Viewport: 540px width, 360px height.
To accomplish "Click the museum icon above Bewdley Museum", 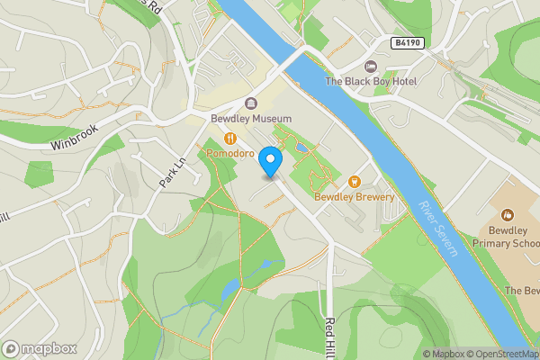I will click(250, 103).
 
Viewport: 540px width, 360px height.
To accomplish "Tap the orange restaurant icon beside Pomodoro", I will click(231, 139).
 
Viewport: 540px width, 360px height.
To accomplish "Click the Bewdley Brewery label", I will click(354, 197).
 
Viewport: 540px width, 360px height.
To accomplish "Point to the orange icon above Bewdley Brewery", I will click(354, 181).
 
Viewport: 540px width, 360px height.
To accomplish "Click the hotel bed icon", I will click(370, 67).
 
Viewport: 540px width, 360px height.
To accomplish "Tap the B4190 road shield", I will click(408, 42).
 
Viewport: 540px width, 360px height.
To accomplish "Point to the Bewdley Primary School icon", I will click(508, 215).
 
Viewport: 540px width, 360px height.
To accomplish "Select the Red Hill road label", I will click(330, 335).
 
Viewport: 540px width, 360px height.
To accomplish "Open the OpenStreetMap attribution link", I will click(499, 354).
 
